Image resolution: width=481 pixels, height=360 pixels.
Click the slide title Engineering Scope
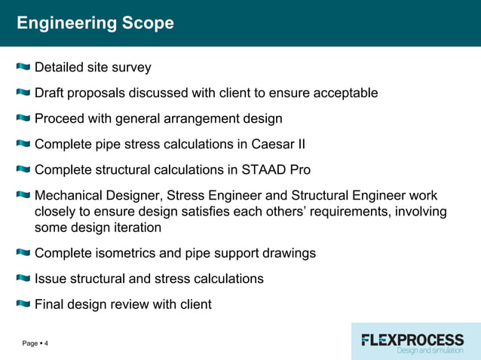[95, 23]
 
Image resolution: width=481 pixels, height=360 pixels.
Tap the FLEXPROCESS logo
[412, 340]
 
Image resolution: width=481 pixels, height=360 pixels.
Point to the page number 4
[46, 344]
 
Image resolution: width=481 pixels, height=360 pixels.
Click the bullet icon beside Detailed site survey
[23, 68]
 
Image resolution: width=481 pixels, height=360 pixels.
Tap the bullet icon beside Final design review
[23, 305]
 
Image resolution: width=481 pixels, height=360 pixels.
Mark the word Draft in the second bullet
[51, 93]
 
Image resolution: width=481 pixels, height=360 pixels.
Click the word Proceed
[61, 119]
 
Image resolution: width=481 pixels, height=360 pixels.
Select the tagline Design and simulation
[430, 351]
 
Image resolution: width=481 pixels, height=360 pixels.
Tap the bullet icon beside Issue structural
[23, 279]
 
